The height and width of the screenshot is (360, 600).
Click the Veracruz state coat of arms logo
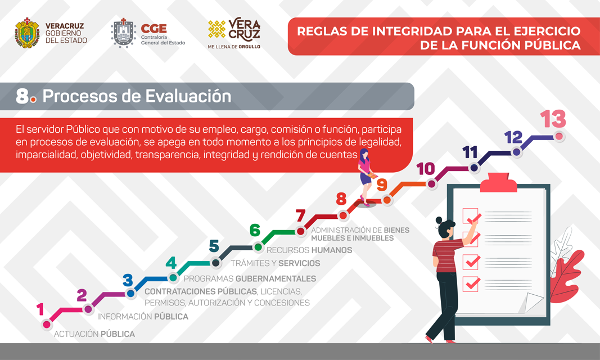pyautogui.click(x=27, y=33)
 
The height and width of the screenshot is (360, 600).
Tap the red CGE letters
pyautogui.click(x=154, y=29)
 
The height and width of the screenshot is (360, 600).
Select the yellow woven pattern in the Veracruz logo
pyautogui.click(x=217, y=29)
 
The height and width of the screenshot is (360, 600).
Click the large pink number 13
pyautogui.click(x=553, y=119)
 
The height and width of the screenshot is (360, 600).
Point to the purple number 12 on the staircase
pyautogui.click(x=513, y=137)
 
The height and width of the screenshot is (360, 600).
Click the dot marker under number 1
pyautogui.click(x=47, y=325)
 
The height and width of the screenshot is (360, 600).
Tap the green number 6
pyautogui.click(x=255, y=230)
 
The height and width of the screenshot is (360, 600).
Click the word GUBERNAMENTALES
pyautogui.click(x=276, y=278)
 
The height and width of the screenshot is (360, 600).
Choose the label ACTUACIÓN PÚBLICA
pyautogui.click(x=94, y=334)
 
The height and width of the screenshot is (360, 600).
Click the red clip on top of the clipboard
pyautogui.click(x=498, y=182)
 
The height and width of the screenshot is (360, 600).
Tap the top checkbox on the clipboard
pyautogui.click(x=470, y=216)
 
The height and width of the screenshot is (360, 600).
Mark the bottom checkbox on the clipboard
pyautogui.click(x=470, y=284)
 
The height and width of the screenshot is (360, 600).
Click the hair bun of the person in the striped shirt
pyautogui.click(x=439, y=220)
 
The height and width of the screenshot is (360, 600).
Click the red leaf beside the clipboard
pyautogui.click(x=567, y=275)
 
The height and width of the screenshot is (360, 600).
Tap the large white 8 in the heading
pyautogui.click(x=22, y=96)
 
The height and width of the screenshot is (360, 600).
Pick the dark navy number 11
pyautogui.click(x=470, y=152)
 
